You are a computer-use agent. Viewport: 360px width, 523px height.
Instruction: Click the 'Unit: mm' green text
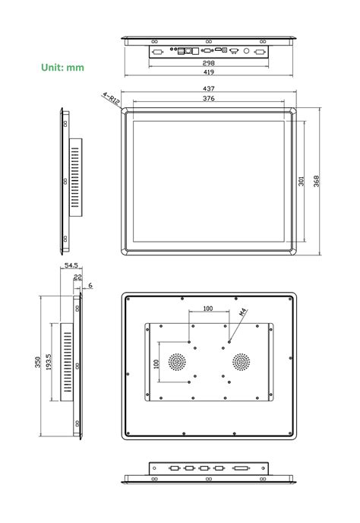click(x=62, y=68)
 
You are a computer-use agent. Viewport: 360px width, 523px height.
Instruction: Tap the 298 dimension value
click(x=208, y=63)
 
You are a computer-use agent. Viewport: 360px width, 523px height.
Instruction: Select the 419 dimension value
click(x=208, y=72)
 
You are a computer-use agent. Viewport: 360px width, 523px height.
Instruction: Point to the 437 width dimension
click(x=208, y=89)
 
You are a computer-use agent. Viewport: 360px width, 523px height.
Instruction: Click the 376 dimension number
click(x=208, y=99)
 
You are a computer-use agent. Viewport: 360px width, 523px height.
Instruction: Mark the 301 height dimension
click(x=302, y=181)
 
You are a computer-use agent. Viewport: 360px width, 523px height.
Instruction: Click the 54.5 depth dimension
click(x=71, y=266)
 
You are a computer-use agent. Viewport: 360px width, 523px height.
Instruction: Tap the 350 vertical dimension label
click(x=38, y=363)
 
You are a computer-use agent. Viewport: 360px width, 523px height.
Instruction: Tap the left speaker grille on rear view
click(x=177, y=362)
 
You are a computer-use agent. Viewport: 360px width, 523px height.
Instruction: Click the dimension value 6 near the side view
click(x=90, y=285)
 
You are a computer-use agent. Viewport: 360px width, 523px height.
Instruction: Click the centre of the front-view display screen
click(x=208, y=179)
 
